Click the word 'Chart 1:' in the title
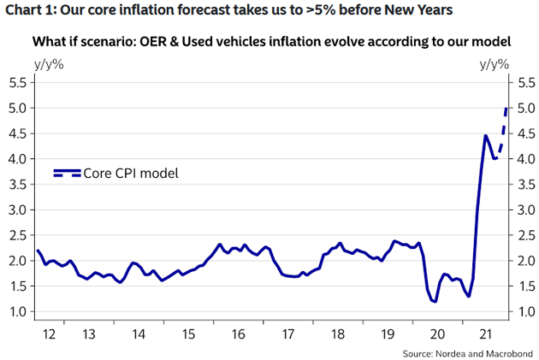tap(32, 11)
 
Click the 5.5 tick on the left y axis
tap(18, 83)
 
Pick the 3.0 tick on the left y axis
tap(18, 210)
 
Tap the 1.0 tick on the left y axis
tap(18, 311)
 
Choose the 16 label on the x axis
tap(238, 334)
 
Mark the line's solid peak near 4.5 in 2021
tap(485, 135)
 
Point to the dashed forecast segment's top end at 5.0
tap(507, 109)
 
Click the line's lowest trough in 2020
tap(435, 301)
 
